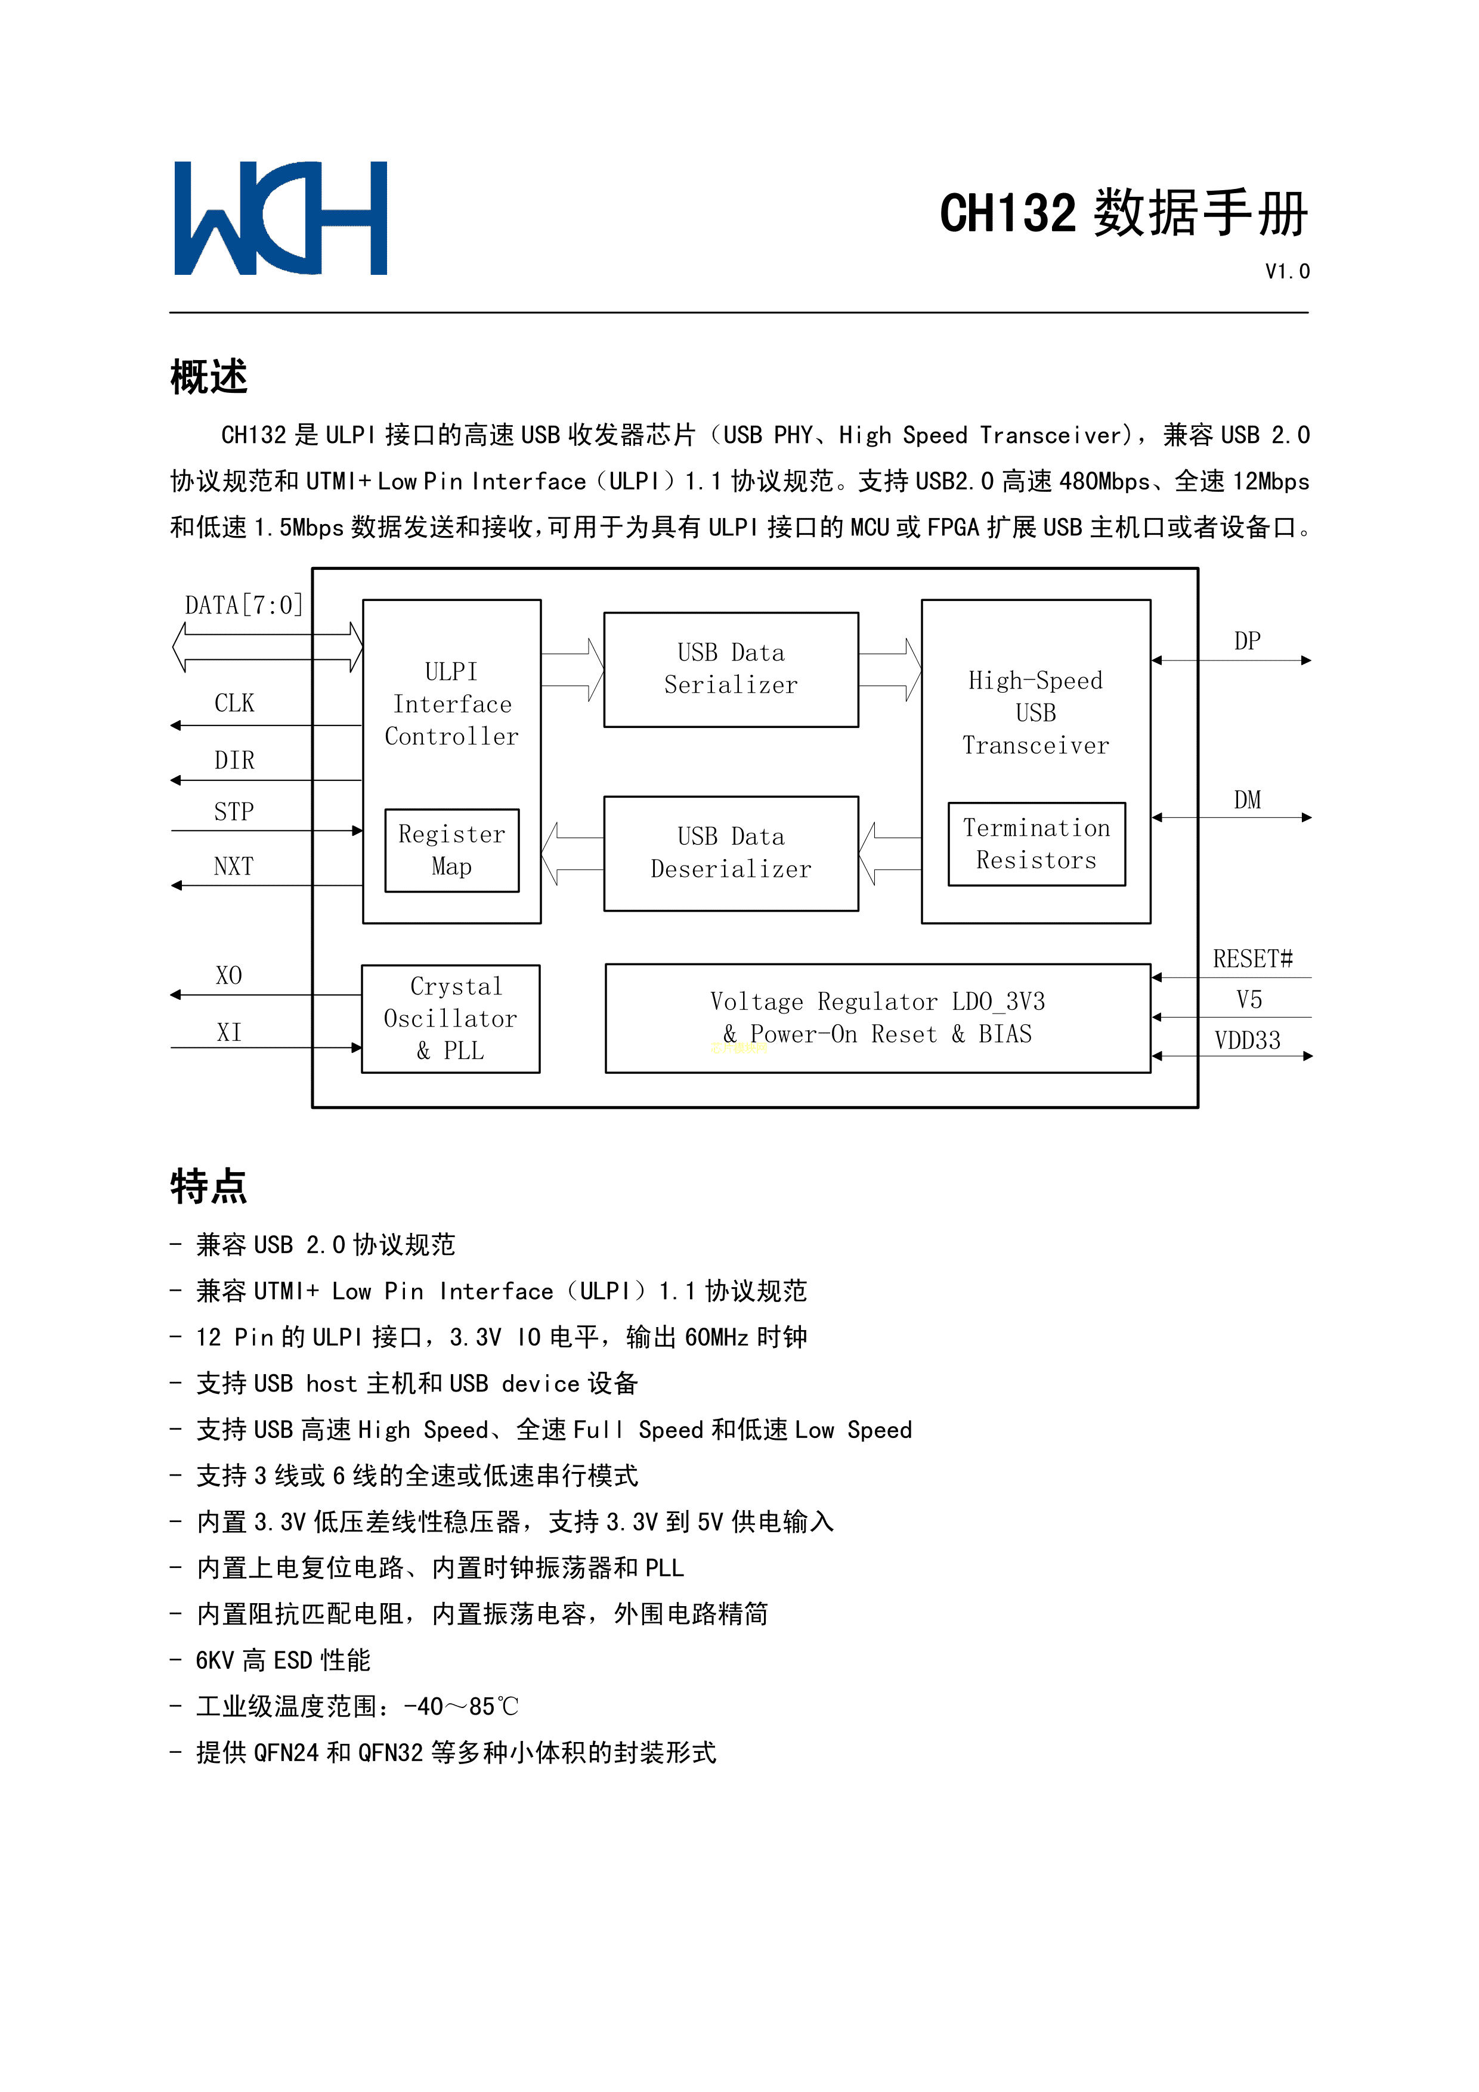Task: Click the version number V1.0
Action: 1287,271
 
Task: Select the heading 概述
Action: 209,376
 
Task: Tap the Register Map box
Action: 452,850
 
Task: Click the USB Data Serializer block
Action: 731,670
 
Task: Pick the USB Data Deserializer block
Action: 731,854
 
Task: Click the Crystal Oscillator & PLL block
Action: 450,1019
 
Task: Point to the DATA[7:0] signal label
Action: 243,606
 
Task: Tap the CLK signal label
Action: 234,703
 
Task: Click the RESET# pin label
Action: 1252,959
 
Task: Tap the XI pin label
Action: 229,1033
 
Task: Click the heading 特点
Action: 209,1186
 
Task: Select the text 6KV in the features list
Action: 215,1661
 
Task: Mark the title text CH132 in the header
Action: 1008,214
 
